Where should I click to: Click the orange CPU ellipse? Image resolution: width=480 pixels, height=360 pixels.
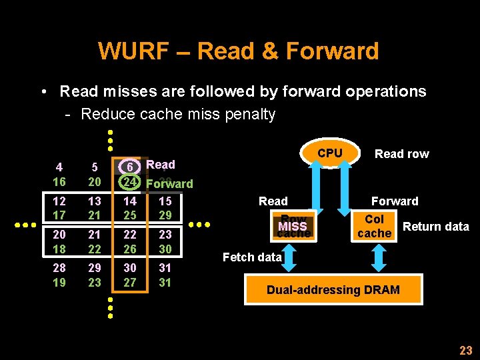[329, 154]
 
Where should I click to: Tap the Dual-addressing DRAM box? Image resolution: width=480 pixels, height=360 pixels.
[333, 289]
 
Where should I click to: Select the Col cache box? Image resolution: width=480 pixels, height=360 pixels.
[374, 227]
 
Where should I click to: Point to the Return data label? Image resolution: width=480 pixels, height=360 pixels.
[436, 227]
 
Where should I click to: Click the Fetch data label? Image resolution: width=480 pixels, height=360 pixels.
[251, 257]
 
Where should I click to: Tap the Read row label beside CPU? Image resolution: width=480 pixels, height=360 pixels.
[401, 154]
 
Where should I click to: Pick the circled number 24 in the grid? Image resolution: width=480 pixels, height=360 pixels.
[132, 182]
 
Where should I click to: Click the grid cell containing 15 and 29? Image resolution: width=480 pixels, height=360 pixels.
[165, 208]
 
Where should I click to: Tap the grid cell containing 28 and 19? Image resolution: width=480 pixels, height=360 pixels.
[59, 274]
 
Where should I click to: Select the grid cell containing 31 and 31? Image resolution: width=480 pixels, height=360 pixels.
[165, 274]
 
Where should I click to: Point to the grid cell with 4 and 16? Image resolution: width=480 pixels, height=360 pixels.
[59, 175]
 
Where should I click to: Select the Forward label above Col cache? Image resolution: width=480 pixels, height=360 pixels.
[395, 201]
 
